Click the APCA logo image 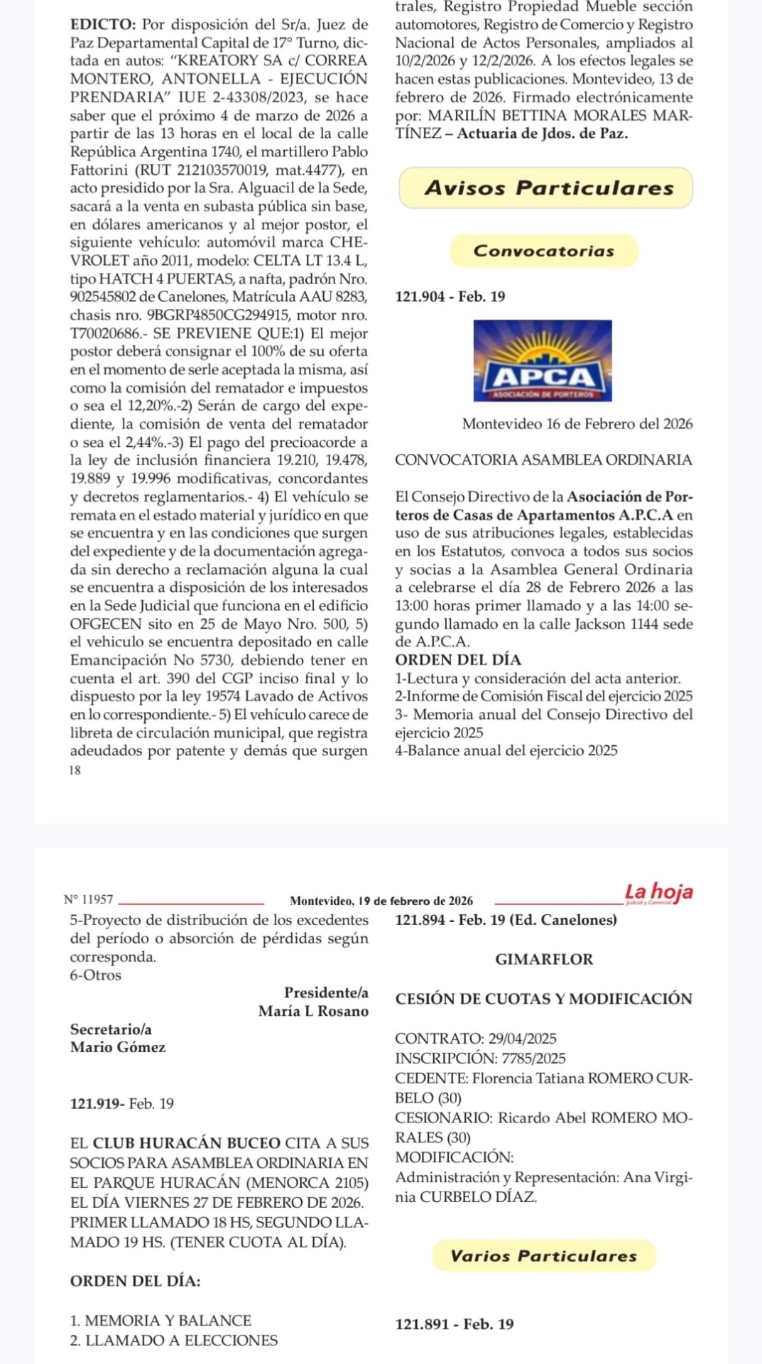coord(542,360)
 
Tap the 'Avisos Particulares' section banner coord(545,188)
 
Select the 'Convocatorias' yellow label coord(544,251)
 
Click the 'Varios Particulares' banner coord(543,1256)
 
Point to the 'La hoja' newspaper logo coord(658,892)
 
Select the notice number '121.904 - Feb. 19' coord(450,297)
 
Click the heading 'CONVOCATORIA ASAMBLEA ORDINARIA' coord(543,460)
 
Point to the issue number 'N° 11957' coord(88,900)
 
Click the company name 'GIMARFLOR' coord(544,959)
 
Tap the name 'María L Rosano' coord(313,1011)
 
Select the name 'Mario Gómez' coord(118,1047)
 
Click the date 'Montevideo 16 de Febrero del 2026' coord(577,424)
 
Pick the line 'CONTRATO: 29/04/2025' coord(476,1039)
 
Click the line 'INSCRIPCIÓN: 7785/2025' coord(480,1059)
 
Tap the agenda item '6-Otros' coord(96,975)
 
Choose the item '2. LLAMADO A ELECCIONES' coord(174,1341)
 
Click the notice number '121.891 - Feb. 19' coord(455,1324)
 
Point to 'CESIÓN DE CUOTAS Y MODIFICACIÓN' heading coord(543,999)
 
